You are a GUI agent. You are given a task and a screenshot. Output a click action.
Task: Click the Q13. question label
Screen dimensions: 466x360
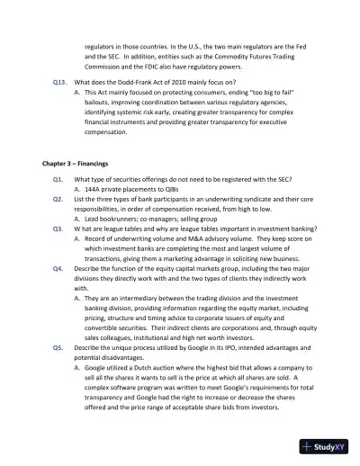[58, 81]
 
